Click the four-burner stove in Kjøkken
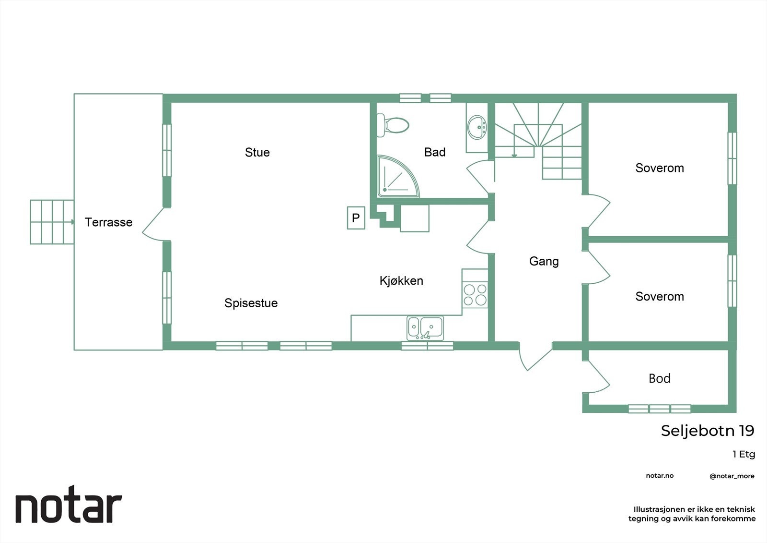pyautogui.click(x=475, y=295)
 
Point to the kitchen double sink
pyautogui.click(x=425, y=328)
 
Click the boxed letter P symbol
pyautogui.click(x=356, y=218)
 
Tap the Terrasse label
pyautogui.click(x=108, y=222)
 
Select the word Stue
pyautogui.click(x=257, y=153)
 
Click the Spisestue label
pyautogui.click(x=251, y=303)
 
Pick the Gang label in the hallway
pyautogui.click(x=544, y=261)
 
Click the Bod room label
pyautogui.click(x=659, y=378)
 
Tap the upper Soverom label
pyautogui.click(x=659, y=168)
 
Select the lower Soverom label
pyautogui.click(x=659, y=297)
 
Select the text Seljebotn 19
pyautogui.click(x=707, y=431)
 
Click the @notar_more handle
pyautogui.click(x=732, y=476)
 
